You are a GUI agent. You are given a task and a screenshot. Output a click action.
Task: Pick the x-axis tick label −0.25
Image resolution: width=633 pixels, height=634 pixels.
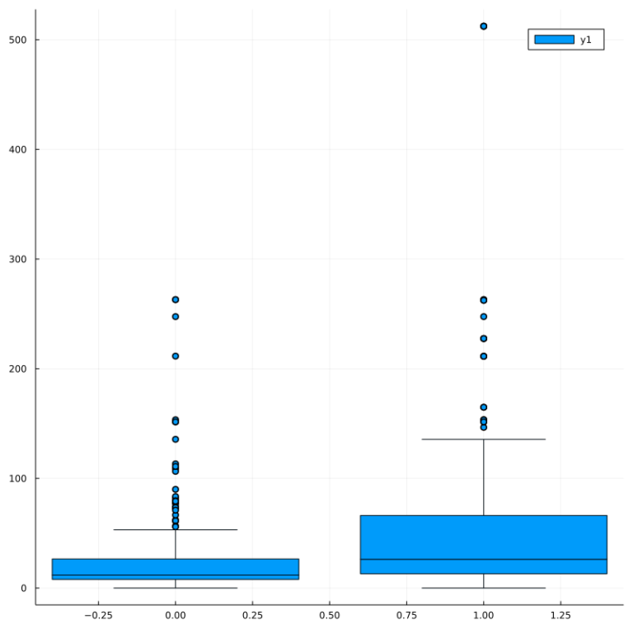tap(97, 615)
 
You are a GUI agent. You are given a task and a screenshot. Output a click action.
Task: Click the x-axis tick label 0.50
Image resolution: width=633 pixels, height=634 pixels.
tap(330, 615)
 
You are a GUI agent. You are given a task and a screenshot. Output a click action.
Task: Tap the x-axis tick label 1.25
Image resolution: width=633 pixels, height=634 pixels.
tap(560, 615)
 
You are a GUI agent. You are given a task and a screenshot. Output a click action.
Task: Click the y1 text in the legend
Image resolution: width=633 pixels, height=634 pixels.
tap(586, 40)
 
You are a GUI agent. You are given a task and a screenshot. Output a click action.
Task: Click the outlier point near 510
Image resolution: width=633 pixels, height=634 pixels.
tap(484, 26)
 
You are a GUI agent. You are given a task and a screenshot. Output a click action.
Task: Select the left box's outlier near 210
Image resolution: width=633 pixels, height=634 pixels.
tap(176, 356)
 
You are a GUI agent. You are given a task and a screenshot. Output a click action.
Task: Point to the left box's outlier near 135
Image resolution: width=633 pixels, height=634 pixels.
tap(176, 439)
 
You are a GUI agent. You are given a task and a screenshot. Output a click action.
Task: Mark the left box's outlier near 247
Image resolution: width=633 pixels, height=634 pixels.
tap(176, 317)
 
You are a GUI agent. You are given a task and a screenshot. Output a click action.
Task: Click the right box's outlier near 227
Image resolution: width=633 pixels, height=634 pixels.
tap(484, 339)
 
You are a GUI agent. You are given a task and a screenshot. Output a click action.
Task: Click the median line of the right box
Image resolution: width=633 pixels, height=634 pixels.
tap(484, 560)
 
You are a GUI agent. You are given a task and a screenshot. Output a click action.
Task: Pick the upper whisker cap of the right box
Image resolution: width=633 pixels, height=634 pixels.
tap(484, 439)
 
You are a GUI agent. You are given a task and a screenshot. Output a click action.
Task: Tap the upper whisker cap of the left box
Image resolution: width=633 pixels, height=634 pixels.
tap(176, 530)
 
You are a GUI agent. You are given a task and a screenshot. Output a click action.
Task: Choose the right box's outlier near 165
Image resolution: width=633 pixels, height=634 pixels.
tap(484, 407)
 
